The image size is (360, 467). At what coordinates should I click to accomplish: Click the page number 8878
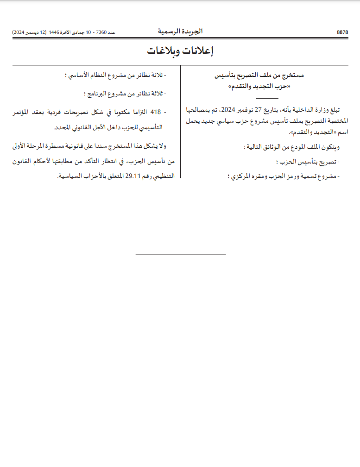342,32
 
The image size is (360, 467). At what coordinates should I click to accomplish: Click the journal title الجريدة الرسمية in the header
180,32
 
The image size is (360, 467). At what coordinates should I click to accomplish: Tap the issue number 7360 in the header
101,32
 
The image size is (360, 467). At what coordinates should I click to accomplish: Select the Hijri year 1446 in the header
54,32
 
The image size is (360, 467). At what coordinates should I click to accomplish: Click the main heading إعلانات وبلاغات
180,51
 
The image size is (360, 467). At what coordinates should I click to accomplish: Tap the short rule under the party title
267,99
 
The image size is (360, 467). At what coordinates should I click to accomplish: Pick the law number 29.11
134,176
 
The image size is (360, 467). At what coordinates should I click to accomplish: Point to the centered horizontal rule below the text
180,254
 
